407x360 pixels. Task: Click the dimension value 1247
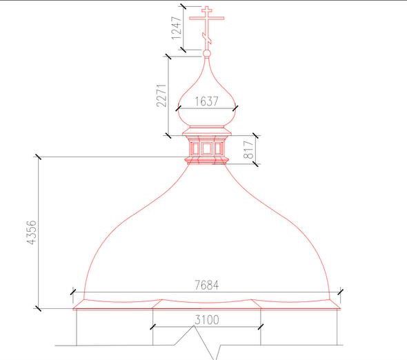(x=177, y=28)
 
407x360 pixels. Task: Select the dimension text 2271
(x=161, y=95)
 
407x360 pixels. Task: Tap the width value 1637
(x=207, y=101)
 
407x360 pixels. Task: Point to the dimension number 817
(x=248, y=150)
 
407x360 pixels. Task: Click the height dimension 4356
(x=32, y=232)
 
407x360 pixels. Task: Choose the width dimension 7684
(x=207, y=286)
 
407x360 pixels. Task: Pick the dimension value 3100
(x=207, y=320)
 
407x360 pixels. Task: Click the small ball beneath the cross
(x=207, y=54)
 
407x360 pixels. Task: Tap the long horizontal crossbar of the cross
(x=207, y=18)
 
